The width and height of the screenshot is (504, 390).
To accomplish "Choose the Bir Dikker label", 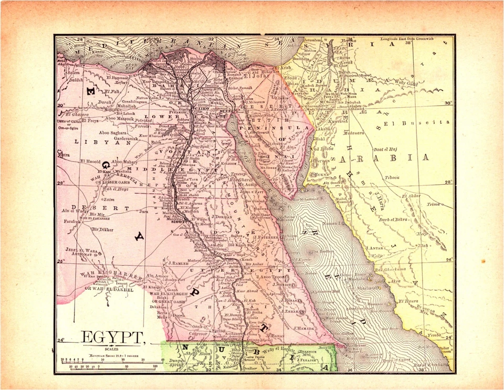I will pos(103,229).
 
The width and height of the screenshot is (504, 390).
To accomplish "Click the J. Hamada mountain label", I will pos(303,329).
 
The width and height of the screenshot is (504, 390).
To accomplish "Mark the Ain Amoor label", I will pos(158,275).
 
